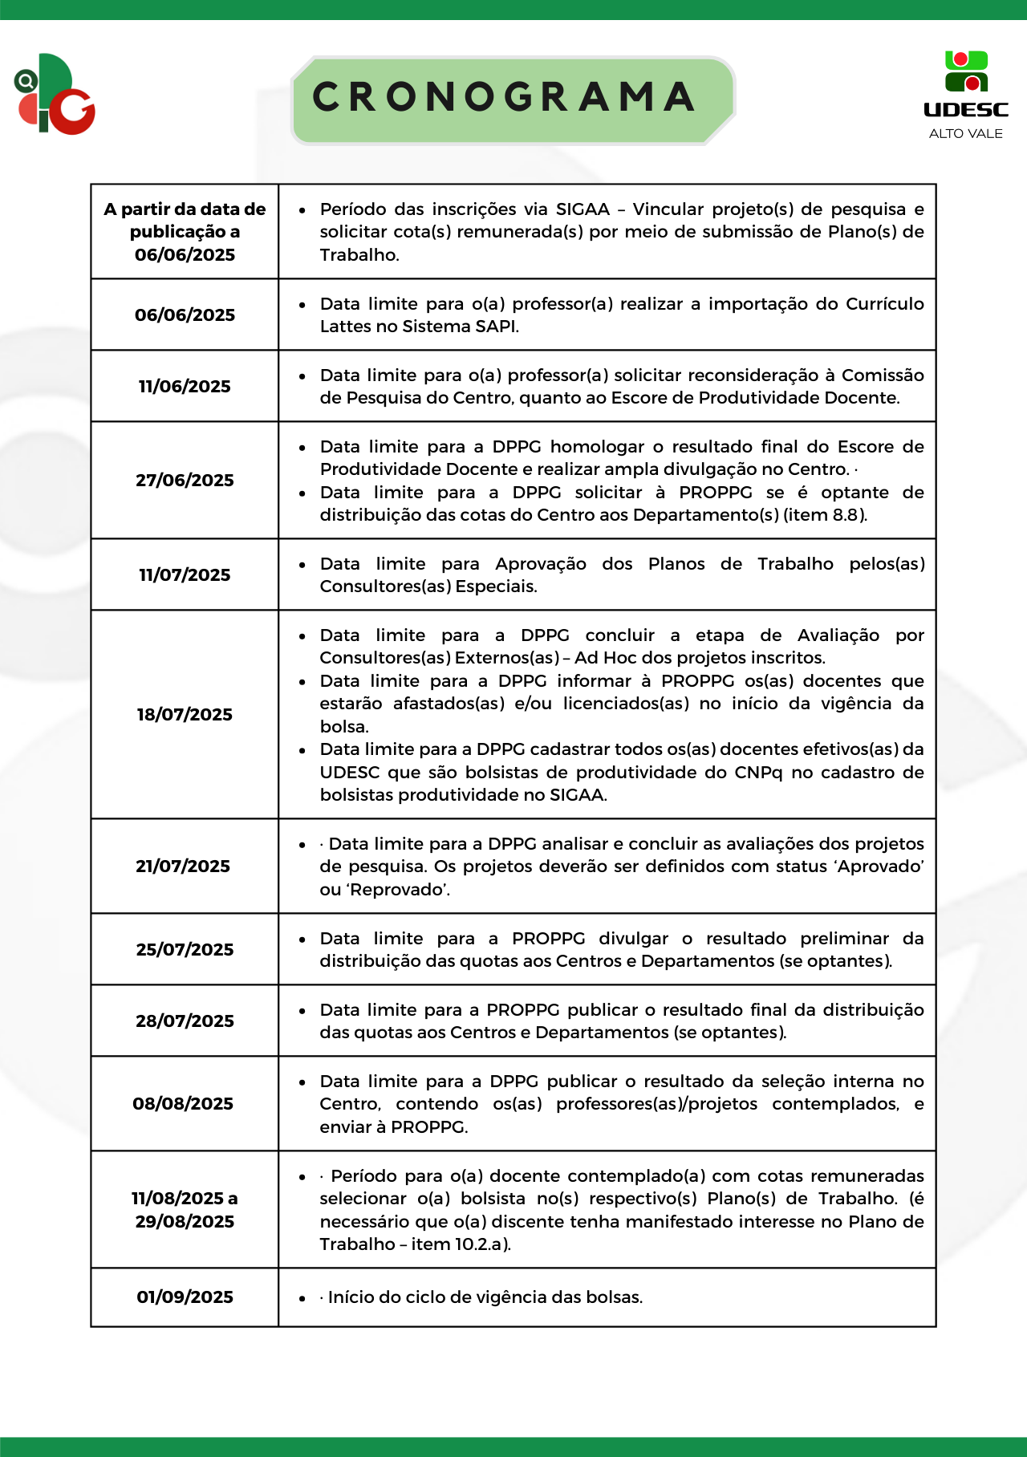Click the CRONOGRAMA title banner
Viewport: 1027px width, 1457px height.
point(513,99)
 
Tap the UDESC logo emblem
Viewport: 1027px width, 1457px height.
point(966,71)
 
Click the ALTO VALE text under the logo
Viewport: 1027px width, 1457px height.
point(965,134)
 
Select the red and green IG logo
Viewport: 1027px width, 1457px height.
point(55,95)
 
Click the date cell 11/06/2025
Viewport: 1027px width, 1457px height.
point(185,387)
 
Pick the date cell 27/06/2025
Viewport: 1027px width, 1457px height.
point(185,481)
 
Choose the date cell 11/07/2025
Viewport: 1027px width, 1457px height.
point(185,575)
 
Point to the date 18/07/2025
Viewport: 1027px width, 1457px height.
point(185,715)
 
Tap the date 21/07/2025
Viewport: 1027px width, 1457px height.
point(183,866)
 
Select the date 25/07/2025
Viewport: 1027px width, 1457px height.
point(185,950)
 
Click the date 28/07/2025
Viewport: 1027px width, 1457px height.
point(185,1021)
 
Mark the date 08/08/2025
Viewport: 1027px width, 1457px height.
point(183,1104)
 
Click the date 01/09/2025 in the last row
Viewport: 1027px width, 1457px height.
point(185,1297)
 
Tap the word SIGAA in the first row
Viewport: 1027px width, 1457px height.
point(583,209)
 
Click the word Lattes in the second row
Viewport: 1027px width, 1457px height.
point(347,327)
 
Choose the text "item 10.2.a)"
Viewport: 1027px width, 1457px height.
point(461,1244)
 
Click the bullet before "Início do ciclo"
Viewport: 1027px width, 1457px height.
point(302,1298)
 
